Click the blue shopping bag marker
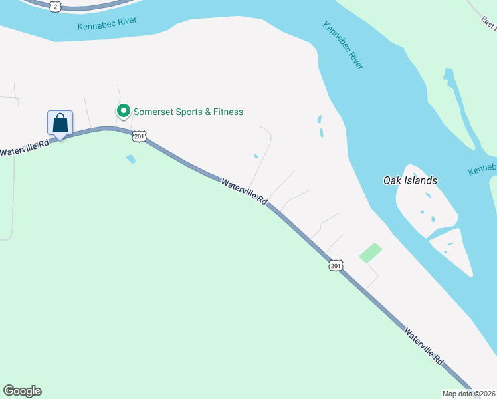[60, 124]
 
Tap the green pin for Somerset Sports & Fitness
[123, 111]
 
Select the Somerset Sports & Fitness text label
[188, 112]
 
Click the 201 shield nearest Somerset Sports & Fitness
[139, 136]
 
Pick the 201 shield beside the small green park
[335, 265]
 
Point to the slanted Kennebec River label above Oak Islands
[343, 45]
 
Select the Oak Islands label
[410, 180]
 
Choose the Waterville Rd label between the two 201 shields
[245, 191]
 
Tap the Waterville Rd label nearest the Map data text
[423, 344]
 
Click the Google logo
[22, 391]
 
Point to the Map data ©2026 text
[469, 394]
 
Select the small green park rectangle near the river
[371, 253]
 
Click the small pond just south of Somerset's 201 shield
[130, 159]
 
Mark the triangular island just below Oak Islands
[453, 250]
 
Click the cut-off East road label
[489, 23]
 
